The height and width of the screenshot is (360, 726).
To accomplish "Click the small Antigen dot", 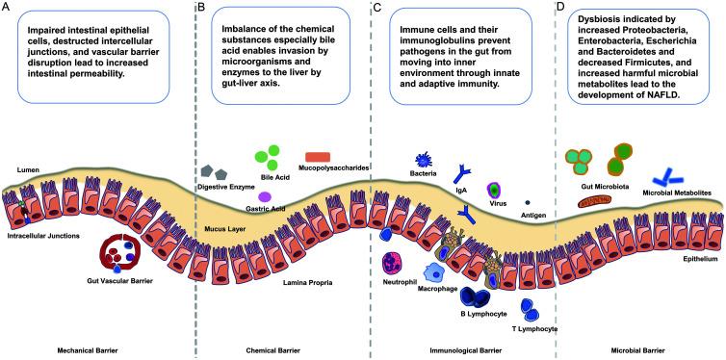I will pos(526,201).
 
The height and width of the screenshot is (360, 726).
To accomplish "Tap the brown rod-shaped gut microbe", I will pos(596,200).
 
